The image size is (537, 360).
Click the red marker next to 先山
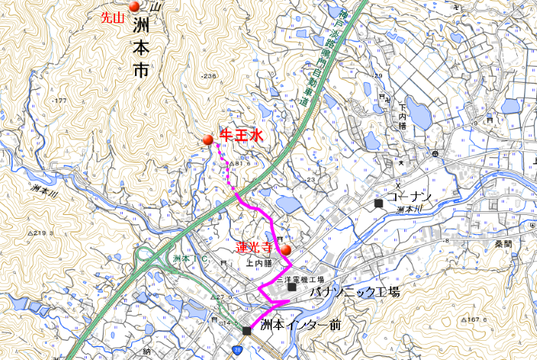point(134,7)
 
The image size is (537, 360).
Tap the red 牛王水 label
point(242,135)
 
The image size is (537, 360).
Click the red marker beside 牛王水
point(208,140)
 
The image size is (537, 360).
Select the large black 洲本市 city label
point(140,48)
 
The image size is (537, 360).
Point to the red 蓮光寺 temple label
point(254,248)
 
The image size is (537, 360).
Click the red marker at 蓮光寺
point(285,249)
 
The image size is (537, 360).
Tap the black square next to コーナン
point(379,203)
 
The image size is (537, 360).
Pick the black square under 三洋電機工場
point(292,288)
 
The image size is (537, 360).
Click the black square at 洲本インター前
point(246,331)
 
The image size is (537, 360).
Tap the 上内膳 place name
point(259,263)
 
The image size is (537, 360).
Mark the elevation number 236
point(209,75)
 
